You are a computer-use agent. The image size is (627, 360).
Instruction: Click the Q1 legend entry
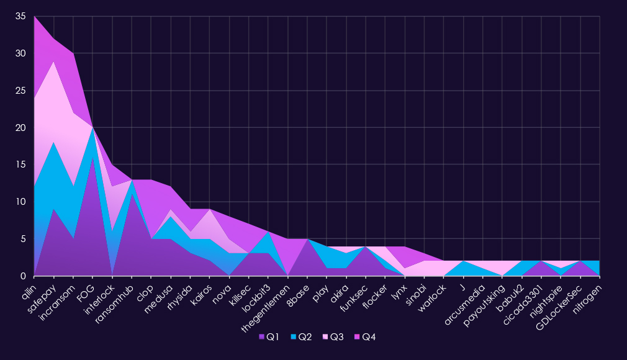coord(269,337)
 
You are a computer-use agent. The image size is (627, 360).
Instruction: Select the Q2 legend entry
coord(301,337)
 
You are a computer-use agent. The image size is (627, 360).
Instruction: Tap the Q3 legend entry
coord(333,337)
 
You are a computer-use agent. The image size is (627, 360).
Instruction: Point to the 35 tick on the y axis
coord(20,17)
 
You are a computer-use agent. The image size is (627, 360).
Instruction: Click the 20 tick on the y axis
coord(20,128)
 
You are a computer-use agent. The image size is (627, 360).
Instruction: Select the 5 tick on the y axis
coord(23,239)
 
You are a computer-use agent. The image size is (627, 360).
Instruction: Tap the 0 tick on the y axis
coord(23,276)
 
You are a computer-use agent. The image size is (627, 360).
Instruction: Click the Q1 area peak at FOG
coord(93,158)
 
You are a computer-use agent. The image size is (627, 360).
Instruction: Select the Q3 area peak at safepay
coord(55,62)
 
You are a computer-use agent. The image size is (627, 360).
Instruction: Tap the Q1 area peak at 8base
coord(307,240)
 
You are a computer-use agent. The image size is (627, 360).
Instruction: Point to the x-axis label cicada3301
coord(523,298)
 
